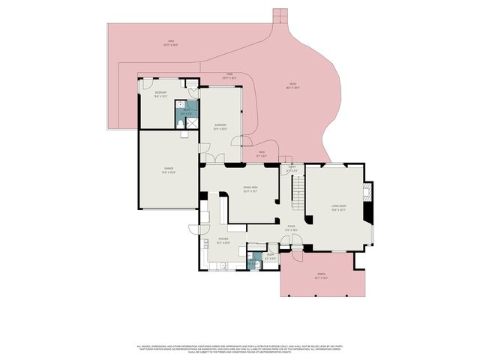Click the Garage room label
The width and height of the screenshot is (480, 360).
169,170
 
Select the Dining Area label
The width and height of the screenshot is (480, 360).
250,189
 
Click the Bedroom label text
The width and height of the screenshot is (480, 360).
160,94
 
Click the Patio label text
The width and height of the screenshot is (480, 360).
293,85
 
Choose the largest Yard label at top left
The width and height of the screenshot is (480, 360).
170,43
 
